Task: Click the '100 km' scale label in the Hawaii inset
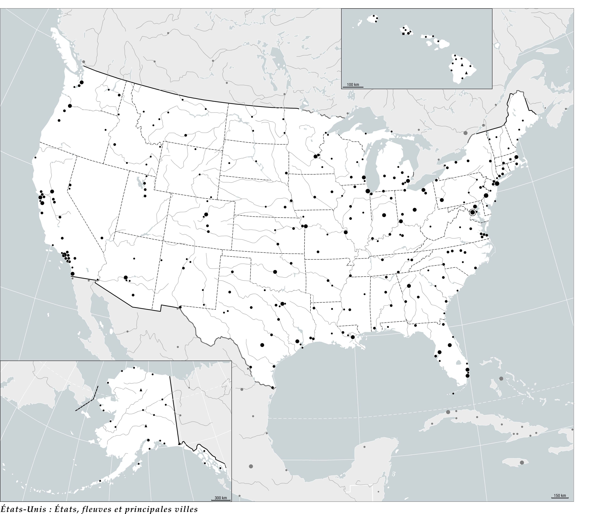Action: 353,84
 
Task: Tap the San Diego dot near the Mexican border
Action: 72,274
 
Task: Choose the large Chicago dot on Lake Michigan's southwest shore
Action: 368,191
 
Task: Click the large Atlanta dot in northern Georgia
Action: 409,286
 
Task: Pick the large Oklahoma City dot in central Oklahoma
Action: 275,272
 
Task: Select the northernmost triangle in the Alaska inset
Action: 141,390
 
